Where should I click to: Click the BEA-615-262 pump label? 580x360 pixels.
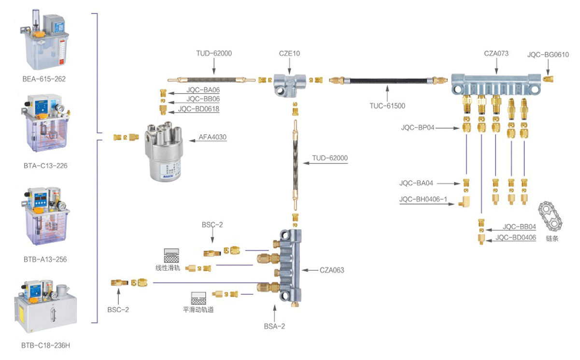(44, 79)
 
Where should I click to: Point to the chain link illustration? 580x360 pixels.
(552, 219)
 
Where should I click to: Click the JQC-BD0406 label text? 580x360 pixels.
(515, 237)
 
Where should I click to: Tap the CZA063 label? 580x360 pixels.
(332, 270)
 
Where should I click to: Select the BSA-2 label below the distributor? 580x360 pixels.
(274, 326)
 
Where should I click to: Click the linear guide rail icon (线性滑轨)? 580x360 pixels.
(171, 254)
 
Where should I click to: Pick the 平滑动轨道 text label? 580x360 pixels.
(198, 309)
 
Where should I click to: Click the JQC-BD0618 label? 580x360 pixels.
(198, 109)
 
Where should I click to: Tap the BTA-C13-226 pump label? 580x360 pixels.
(45, 166)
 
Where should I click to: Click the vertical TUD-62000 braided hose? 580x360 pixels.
(296, 162)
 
